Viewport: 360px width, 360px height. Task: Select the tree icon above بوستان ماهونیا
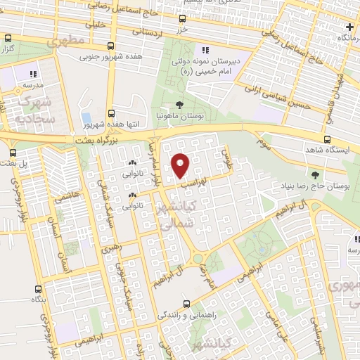coord(180,105)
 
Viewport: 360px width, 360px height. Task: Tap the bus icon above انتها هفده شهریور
coord(111,113)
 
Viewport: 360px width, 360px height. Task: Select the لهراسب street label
coord(195,181)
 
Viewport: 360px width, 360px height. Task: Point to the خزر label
coord(182,30)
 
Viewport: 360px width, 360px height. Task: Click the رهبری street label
coord(110,249)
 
